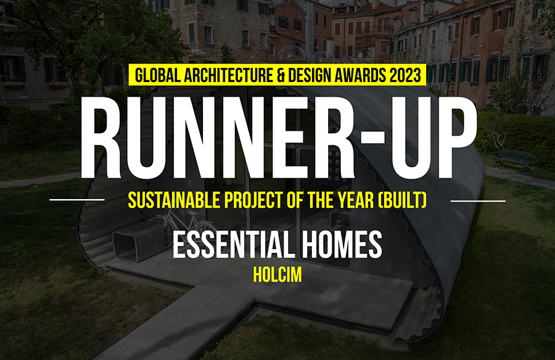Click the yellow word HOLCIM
[x=277, y=276]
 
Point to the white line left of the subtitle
[x=76, y=200]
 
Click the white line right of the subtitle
[x=478, y=200]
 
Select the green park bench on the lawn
[x=512, y=160]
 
